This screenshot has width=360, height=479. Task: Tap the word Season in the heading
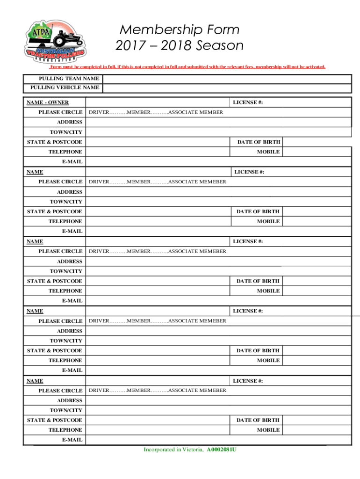pos(220,46)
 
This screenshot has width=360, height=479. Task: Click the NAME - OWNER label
pos(48,102)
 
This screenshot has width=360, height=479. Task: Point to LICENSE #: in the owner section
pos(248,102)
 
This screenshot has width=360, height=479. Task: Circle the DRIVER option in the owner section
pos(100,112)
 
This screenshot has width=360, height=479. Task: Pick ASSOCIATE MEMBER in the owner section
pos(195,112)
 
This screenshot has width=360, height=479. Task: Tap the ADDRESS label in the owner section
pos(70,122)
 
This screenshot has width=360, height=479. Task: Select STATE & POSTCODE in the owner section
pos(55,142)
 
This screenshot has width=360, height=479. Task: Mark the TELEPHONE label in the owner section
pos(65,152)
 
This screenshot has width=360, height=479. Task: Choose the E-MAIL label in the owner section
pos(72,162)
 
